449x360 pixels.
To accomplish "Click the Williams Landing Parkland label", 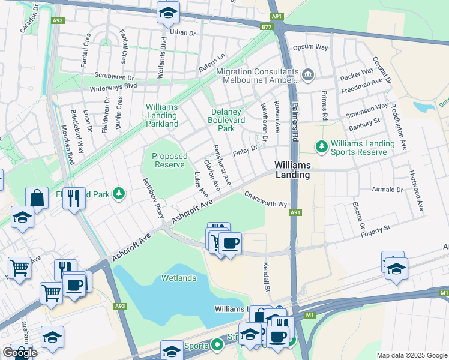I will click(162, 115).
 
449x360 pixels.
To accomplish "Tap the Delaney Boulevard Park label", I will click(226, 120).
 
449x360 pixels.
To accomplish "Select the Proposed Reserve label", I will click(170, 160).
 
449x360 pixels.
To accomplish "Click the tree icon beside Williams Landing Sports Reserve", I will click(321, 146).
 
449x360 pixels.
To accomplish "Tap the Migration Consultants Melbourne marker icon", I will click(308, 74).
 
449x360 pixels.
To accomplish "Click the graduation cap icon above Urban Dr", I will click(168, 13).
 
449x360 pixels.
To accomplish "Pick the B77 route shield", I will click(267, 27).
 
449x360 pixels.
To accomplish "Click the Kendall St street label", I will click(266, 277).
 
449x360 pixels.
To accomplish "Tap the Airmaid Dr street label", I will click(387, 189).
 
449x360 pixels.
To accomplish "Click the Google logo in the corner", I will click(19, 352).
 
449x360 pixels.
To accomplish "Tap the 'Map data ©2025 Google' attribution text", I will click(412, 355).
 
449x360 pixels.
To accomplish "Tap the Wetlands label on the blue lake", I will click(178, 278).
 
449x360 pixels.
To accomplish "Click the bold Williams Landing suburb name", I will click(292, 170).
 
